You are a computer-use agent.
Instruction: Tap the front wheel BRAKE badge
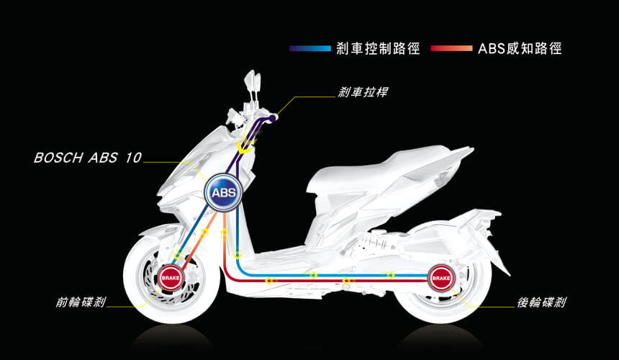coord(171,276)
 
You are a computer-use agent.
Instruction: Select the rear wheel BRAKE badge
coord(440,276)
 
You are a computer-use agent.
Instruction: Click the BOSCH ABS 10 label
coord(87,158)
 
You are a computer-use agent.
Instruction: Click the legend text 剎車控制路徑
coord(376,49)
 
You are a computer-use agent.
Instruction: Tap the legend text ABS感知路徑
coord(519,49)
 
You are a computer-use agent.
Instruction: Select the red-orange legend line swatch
coord(451,49)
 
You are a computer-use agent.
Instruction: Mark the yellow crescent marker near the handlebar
coord(246,147)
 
